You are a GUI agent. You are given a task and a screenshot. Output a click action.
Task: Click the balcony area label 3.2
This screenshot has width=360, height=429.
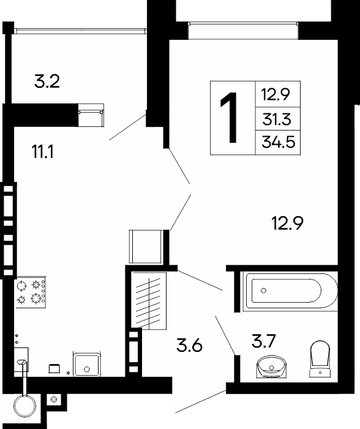point(47,82)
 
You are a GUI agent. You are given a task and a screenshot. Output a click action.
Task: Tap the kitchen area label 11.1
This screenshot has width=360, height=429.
point(43,152)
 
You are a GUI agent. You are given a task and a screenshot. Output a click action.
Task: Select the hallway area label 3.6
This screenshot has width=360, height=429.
point(189,345)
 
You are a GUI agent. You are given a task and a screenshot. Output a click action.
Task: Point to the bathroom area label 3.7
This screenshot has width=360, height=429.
point(263,341)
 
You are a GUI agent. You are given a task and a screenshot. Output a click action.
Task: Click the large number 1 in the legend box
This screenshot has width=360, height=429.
point(230,118)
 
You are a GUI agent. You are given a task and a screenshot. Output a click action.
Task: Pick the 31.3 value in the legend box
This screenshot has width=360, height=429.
point(277,120)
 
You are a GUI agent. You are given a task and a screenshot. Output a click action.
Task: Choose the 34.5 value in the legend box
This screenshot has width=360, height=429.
point(279,142)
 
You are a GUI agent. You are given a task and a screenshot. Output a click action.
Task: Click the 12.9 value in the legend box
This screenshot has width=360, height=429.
point(276,94)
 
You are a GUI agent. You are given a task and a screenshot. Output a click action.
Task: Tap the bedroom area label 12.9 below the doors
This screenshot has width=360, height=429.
point(288,223)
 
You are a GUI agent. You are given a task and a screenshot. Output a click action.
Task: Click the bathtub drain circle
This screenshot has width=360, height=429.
point(263,290)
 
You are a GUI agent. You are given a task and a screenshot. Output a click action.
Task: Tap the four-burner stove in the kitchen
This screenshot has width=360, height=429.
point(31,292)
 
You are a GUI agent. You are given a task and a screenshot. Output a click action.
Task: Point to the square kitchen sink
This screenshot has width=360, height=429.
point(87,365)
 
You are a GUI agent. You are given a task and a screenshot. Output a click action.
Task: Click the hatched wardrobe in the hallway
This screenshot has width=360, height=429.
point(149,301)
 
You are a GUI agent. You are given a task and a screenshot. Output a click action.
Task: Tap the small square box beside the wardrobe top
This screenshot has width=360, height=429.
point(146,246)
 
